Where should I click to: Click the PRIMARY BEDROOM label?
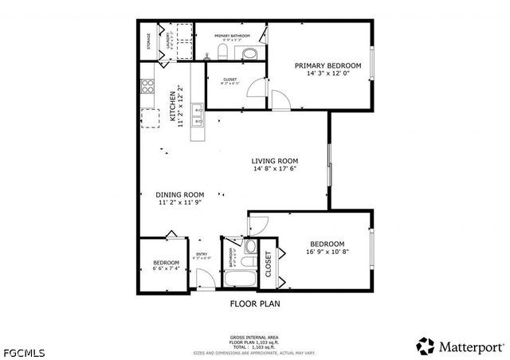328,66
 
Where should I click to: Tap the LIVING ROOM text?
275,159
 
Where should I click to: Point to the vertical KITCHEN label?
172,107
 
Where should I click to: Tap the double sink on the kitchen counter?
197,121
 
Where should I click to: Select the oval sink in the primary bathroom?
249,54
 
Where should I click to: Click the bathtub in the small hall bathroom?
239,280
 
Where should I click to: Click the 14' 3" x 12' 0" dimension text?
328,75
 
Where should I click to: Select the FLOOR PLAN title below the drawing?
255,303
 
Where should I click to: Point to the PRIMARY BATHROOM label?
232,36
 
